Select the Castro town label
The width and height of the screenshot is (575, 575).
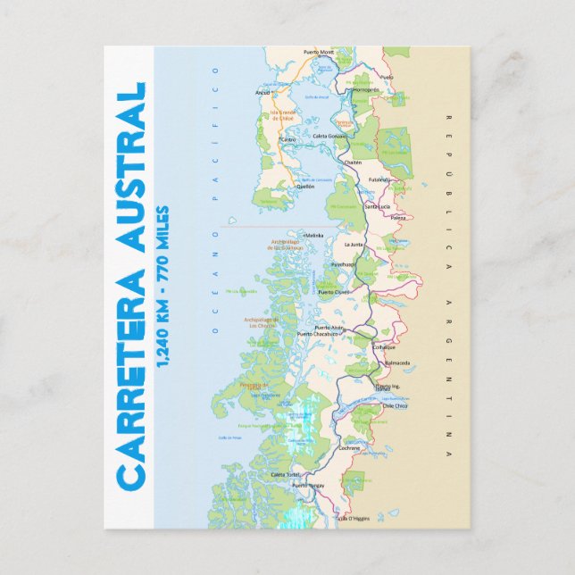287,139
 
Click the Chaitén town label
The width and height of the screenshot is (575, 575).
352,162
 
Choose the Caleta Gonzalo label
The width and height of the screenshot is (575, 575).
329,136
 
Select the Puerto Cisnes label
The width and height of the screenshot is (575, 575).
335,292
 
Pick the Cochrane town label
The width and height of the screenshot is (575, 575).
349,448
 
